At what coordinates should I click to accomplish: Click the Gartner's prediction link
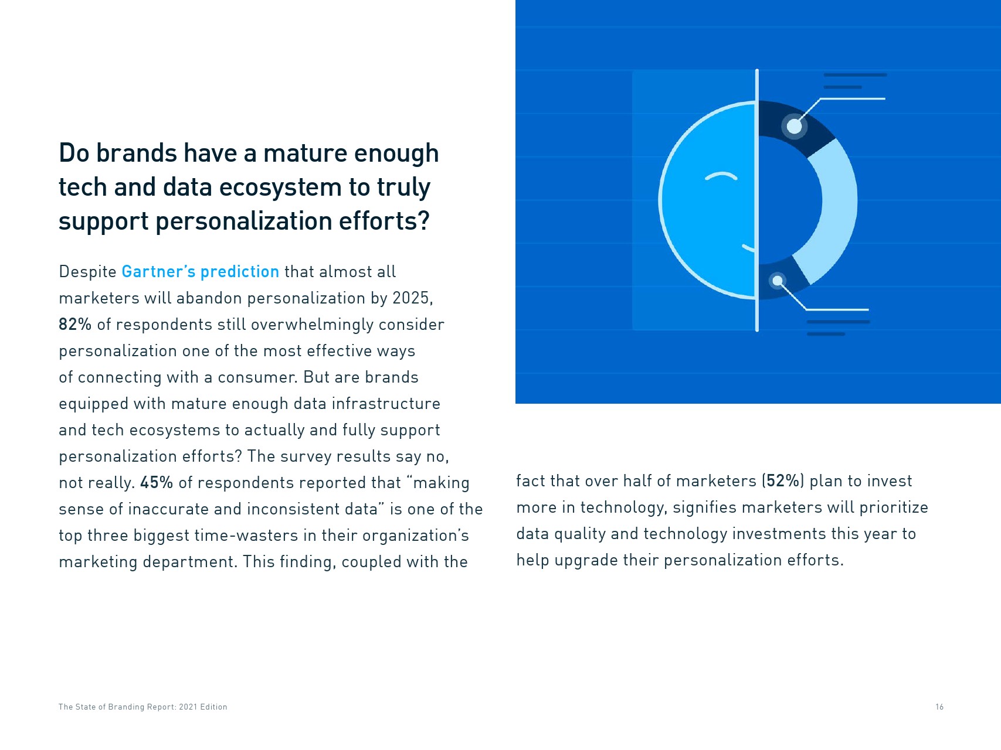coord(200,272)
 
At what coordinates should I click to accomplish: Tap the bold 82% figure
coord(75,325)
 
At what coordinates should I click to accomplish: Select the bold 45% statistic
coord(157,483)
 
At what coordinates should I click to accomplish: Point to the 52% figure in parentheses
coord(783,481)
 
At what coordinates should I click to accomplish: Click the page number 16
coord(939,707)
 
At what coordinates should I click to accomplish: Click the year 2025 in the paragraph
coord(412,298)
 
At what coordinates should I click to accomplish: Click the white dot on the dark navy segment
coord(794,126)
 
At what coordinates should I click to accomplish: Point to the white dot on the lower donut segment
coord(778,281)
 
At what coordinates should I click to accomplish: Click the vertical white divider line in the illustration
coord(757,200)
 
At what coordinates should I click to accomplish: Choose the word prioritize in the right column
coord(894,507)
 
